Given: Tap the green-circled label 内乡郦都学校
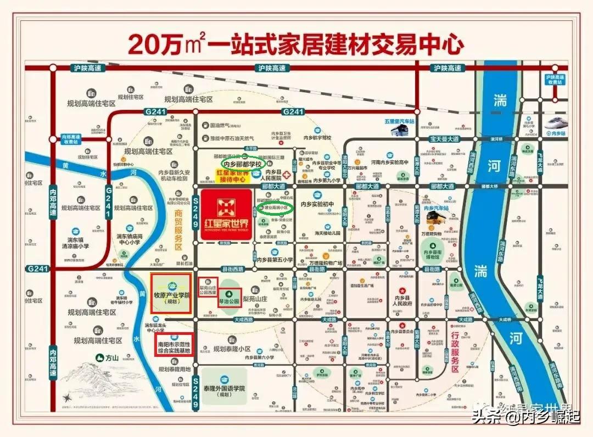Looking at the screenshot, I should click(x=243, y=163).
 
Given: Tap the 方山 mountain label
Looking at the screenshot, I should click(x=113, y=357).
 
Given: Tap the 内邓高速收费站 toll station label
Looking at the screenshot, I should click(x=70, y=139).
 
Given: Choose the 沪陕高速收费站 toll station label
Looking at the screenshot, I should click(x=555, y=80).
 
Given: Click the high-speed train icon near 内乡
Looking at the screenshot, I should click(x=555, y=124).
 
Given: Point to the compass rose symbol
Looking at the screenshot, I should click(x=68, y=397).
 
